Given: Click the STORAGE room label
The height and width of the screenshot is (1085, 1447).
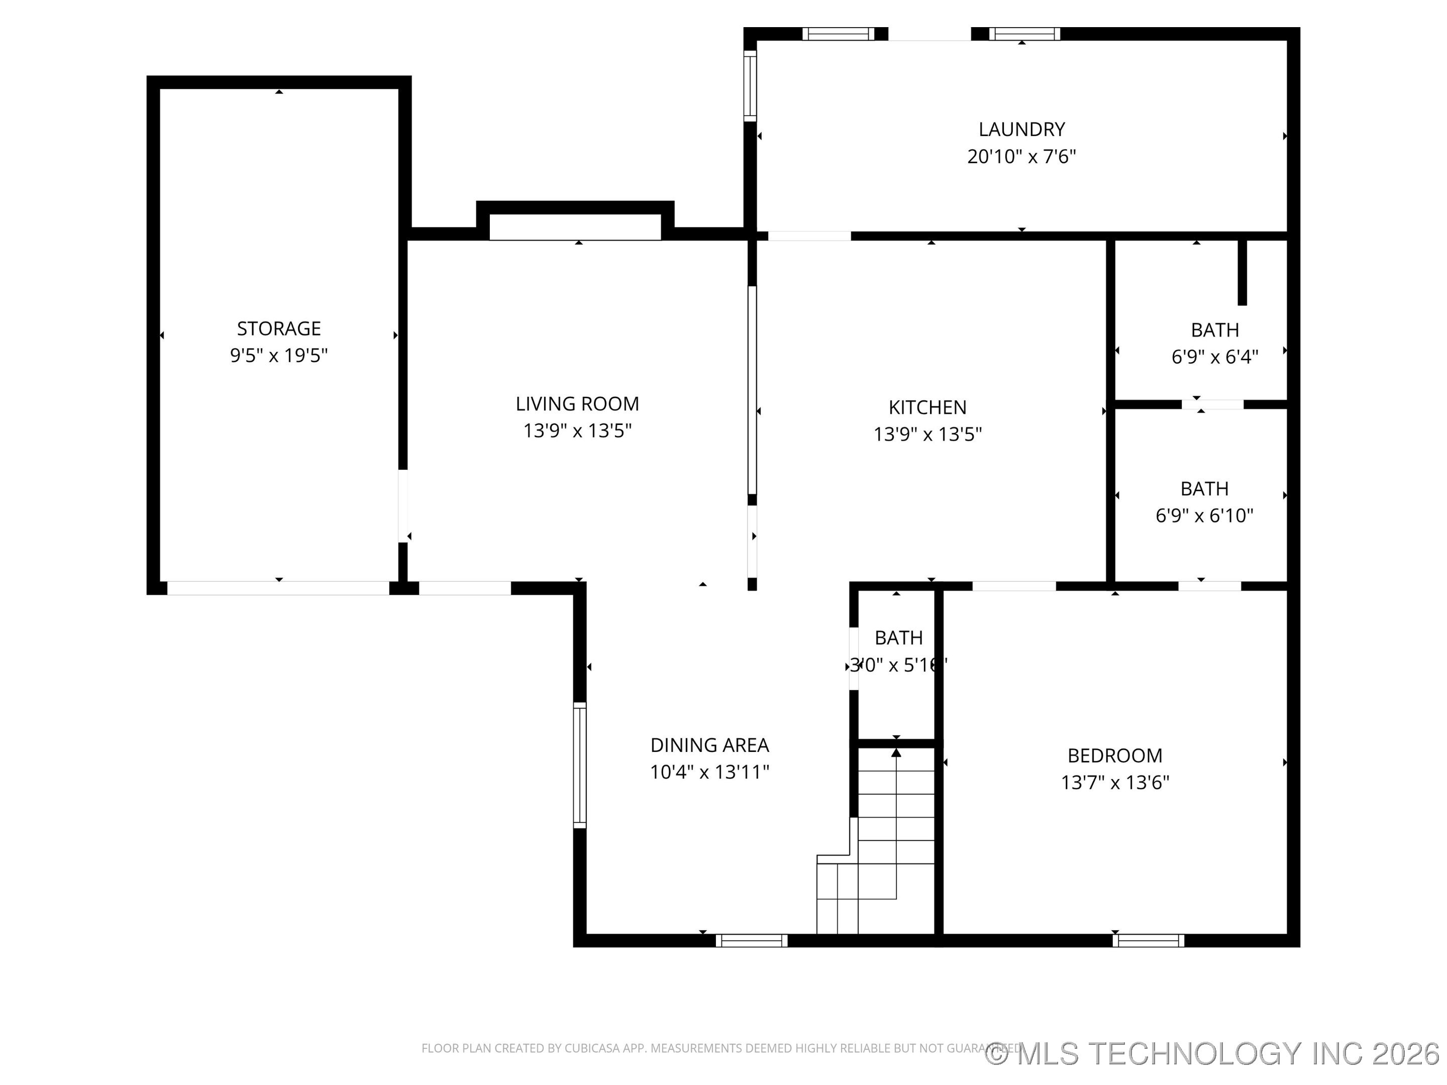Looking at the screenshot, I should tap(279, 329).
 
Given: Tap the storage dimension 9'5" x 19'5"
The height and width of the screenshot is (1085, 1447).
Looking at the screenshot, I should tap(279, 356).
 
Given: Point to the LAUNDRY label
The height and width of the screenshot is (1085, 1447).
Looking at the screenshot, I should tap(1021, 130).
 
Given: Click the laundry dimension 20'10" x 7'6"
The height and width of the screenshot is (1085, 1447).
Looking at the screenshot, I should tap(1021, 157).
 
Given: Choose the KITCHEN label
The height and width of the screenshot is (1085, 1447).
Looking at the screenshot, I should tap(927, 407).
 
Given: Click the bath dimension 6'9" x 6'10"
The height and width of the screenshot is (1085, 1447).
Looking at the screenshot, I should tap(1204, 516).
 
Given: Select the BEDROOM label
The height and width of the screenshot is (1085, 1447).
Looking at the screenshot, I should tap(1115, 756).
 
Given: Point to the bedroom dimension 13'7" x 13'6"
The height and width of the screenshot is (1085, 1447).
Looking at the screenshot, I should tap(1115, 783).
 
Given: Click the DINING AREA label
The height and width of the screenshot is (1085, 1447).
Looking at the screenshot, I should tap(709, 745).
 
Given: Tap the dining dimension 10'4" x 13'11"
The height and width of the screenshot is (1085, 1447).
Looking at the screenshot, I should tap(709, 773).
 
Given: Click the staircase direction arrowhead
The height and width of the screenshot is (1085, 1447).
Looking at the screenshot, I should tap(896, 753).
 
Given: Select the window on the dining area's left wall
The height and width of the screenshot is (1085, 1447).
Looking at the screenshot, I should tap(580, 765).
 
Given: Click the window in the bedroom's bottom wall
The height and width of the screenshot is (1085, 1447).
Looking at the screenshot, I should tap(1148, 941).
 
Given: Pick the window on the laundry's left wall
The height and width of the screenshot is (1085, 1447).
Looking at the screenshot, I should tap(750, 86).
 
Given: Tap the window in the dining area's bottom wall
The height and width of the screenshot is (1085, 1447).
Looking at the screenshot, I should tap(752, 941).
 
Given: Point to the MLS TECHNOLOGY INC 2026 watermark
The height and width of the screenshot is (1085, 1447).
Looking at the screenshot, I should tap(1213, 1054).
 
